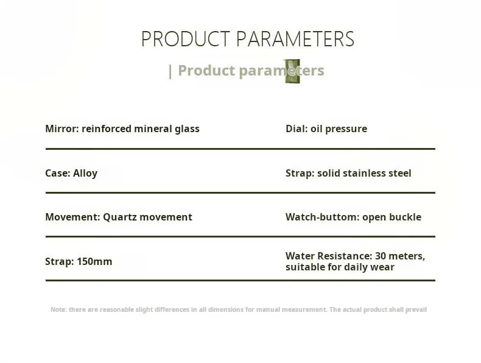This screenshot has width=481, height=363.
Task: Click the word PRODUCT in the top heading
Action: [x=186, y=39]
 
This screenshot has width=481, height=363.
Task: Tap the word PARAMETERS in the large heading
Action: [x=295, y=39]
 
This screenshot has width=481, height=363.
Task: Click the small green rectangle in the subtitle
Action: [x=293, y=71]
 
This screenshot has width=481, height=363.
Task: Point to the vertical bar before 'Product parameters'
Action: [x=170, y=71]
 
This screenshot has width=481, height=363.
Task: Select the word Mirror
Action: [x=62, y=129]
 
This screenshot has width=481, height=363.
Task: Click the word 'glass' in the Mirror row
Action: [x=187, y=129]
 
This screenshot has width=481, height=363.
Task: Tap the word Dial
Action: [x=297, y=129]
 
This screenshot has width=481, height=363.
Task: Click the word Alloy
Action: [x=85, y=174]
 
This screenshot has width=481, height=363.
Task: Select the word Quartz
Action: [x=120, y=217]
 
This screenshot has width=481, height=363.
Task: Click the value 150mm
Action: [x=94, y=261]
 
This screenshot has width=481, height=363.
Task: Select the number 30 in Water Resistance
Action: [x=381, y=256]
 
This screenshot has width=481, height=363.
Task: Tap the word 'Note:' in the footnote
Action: [x=58, y=309]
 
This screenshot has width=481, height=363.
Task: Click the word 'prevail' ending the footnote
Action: [x=416, y=310]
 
